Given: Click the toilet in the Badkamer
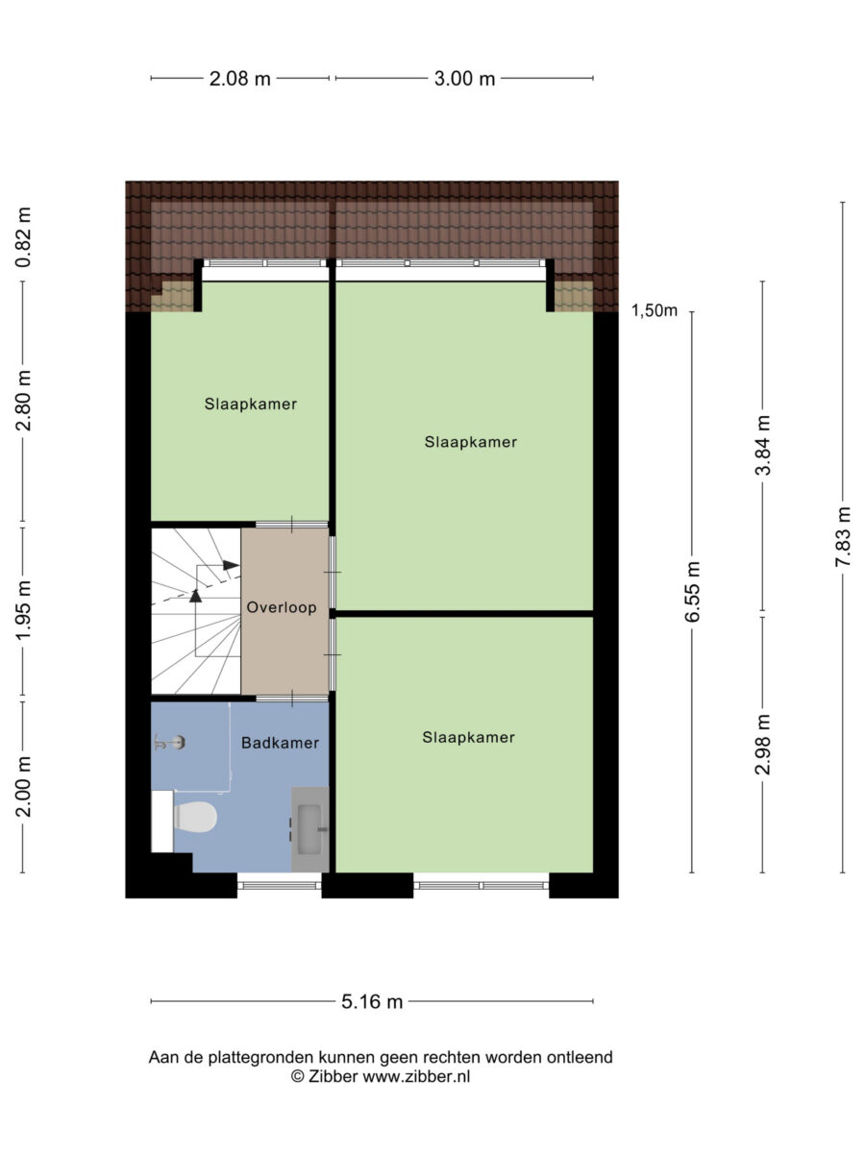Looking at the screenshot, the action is point(195,818).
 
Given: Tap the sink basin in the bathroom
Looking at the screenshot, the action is point(309,829).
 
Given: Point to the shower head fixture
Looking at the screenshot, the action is point(170,743).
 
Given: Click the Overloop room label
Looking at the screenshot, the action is point(282,608).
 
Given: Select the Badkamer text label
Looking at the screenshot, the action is point(280,743).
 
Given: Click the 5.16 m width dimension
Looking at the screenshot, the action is point(372,1002).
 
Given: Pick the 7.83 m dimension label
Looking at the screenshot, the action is point(843,537).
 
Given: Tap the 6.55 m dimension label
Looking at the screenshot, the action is point(692,592).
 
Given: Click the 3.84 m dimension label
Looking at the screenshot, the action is point(762,446).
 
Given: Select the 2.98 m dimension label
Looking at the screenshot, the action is point(762,745).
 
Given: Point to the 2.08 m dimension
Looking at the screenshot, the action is point(240,80).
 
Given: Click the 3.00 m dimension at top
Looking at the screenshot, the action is point(465,80).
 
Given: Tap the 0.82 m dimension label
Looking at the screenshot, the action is point(23,237).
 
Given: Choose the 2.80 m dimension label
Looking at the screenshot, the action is point(23,401).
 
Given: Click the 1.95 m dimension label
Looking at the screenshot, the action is point(23,610).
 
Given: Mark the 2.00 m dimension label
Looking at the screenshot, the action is point(23,787).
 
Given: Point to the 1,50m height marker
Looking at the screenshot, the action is point(655,310).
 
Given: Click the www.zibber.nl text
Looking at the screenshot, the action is point(416,1076).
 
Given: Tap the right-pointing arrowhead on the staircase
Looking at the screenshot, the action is point(231,565).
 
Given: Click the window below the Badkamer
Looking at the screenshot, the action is point(280,885).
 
